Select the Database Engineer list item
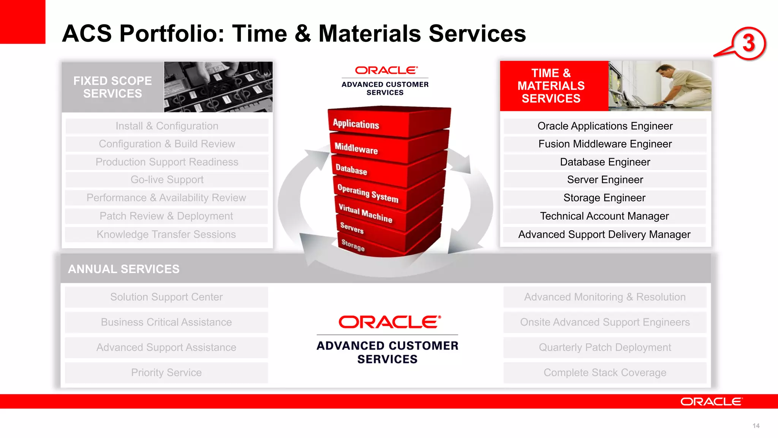(x=605, y=162)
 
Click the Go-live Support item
(x=167, y=179)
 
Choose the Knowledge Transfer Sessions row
(x=166, y=234)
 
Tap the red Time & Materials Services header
(x=551, y=86)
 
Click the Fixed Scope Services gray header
(x=112, y=87)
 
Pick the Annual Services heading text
(x=123, y=269)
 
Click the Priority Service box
(x=166, y=373)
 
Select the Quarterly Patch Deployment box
(x=605, y=347)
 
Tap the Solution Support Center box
(x=166, y=297)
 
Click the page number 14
(x=756, y=426)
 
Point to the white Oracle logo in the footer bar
(x=711, y=401)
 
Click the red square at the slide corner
(x=22, y=21)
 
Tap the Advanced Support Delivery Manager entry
(x=604, y=234)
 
